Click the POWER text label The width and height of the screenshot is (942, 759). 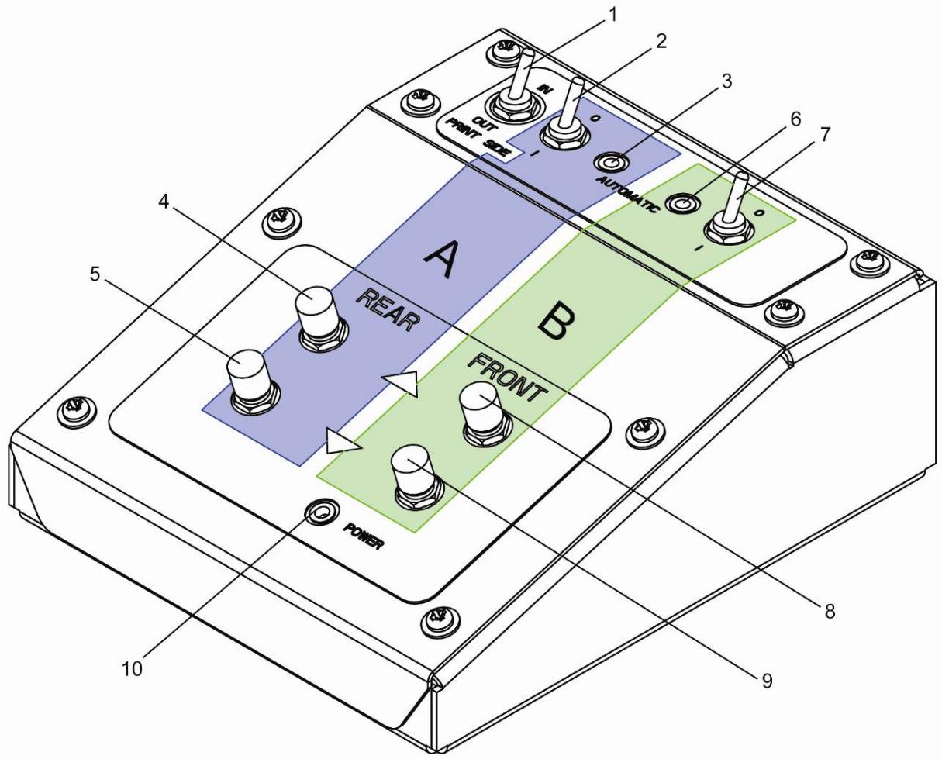pyautogui.click(x=363, y=536)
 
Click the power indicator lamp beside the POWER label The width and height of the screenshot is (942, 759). pyautogui.click(x=323, y=512)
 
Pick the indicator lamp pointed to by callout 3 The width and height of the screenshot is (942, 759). pyautogui.click(x=611, y=164)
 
